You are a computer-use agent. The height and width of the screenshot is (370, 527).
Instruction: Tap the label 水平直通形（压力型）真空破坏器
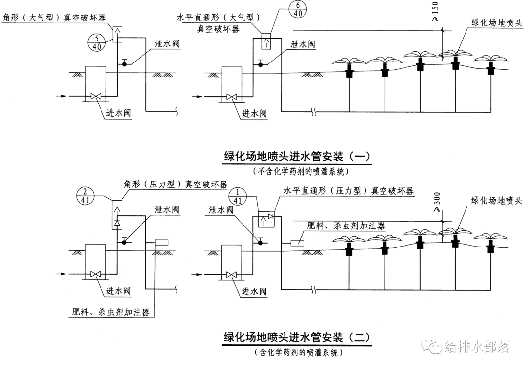(x=348, y=191)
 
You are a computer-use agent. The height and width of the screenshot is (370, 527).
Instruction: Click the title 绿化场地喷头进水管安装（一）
(x=298, y=156)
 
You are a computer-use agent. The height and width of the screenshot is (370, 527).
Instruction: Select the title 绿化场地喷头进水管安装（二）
(x=297, y=337)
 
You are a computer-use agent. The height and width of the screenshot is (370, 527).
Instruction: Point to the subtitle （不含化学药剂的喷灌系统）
(x=298, y=171)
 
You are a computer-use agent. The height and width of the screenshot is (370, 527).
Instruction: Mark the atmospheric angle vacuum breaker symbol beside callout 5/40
(x=117, y=35)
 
